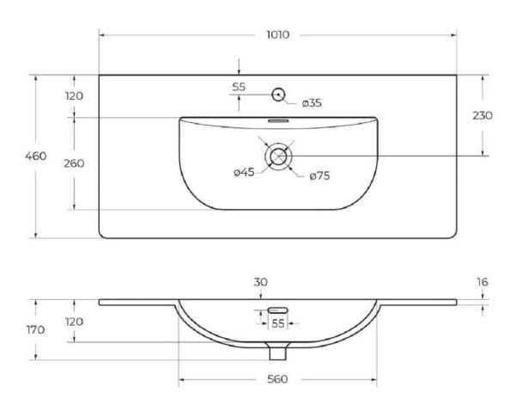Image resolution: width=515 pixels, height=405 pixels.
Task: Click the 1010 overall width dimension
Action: (276, 35)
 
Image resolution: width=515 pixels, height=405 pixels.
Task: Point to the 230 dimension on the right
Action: (482, 115)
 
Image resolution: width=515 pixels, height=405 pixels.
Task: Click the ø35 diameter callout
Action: (311, 103)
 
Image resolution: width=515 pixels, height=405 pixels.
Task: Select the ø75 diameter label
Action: (319, 175)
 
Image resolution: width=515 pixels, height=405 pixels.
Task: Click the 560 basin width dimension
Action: (277, 379)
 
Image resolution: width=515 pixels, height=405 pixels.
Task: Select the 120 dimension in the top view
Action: (74, 95)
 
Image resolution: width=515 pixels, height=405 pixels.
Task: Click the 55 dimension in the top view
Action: (239, 87)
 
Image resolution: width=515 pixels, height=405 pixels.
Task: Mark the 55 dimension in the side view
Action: (277, 323)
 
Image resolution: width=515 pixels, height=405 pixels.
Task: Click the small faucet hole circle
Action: (278, 94)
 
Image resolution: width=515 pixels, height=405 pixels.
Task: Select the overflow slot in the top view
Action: (277, 121)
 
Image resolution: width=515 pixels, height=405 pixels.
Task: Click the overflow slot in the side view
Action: (276, 310)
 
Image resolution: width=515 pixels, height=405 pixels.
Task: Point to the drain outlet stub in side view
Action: (276, 351)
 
